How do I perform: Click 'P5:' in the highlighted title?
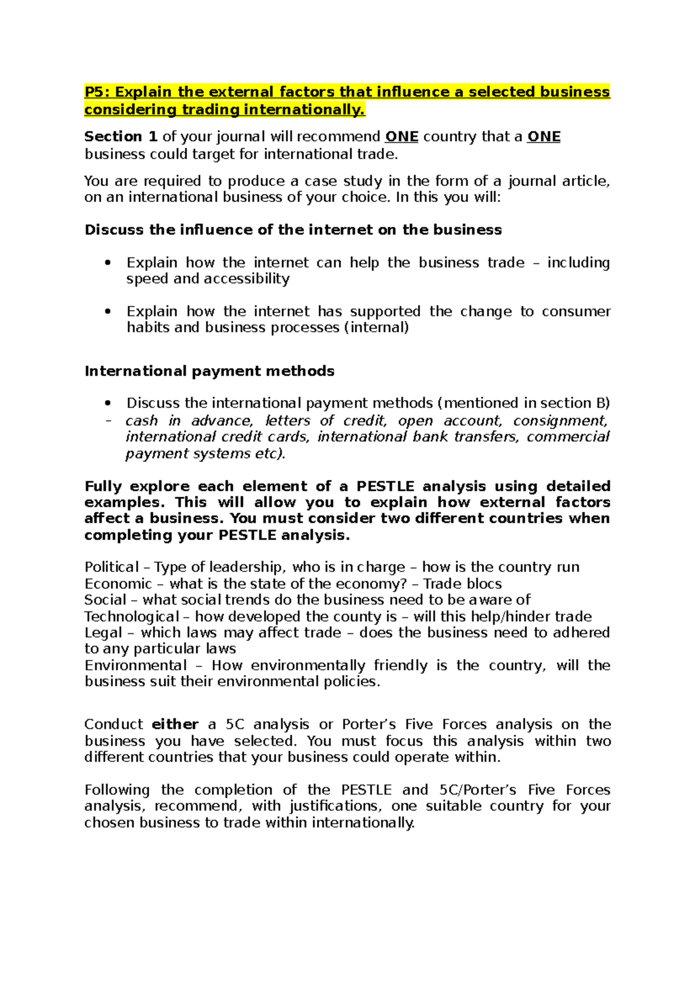[98, 92]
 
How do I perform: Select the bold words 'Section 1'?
[120, 137]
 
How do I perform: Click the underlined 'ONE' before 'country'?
[401, 137]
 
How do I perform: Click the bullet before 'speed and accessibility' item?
[107, 263]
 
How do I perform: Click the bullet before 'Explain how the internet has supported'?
[107, 312]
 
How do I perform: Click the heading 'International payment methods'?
[209, 371]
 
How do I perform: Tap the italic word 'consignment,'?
[560, 421]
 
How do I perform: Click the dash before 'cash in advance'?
[107, 421]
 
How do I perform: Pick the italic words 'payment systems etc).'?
[206, 454]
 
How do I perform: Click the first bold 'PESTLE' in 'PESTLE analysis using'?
[385, 486]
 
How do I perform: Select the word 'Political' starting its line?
[111, 567]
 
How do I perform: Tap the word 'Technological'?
[131, 617]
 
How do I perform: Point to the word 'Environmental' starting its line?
[136, 666]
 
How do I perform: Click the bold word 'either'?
[175, 725]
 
